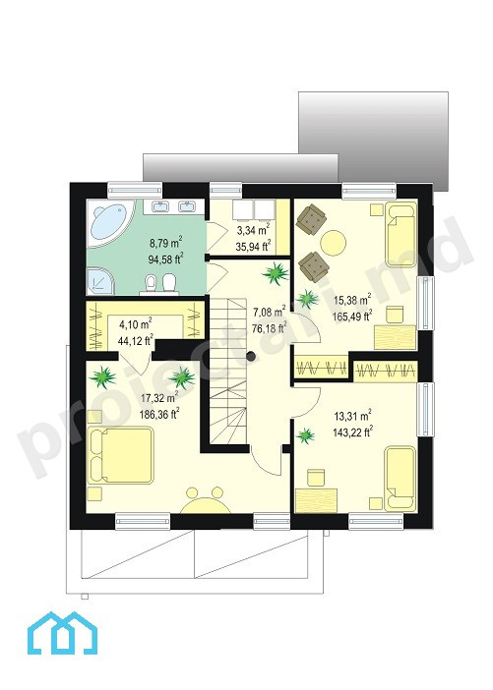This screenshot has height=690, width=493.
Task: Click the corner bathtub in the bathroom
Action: (x=109, y=223)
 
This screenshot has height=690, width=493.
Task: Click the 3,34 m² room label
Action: (x=253, y=229)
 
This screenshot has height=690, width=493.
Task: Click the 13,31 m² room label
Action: (x=352, y=416)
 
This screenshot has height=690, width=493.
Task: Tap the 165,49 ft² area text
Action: (x=353, y=316)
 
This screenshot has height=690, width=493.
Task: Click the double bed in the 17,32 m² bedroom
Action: (x=121, y=455)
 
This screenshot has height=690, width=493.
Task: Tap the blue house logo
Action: (x=62, y=633)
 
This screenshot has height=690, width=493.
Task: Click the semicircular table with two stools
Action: (x=206, y=500)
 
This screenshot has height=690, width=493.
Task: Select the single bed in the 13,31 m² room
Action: (x=401, y=479)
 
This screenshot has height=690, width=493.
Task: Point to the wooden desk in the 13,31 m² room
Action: (x=316, y=500)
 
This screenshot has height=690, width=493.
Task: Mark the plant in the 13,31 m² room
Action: (x=305, y=435)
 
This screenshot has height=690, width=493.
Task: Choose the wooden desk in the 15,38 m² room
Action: (x=396, y=337)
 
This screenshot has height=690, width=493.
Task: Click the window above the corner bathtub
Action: (x=135, y=190)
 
